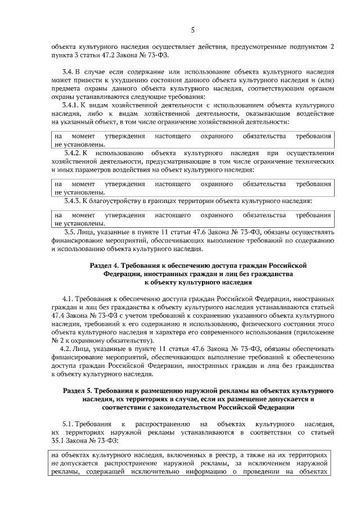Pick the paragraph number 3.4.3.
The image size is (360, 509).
click(75, 201)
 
